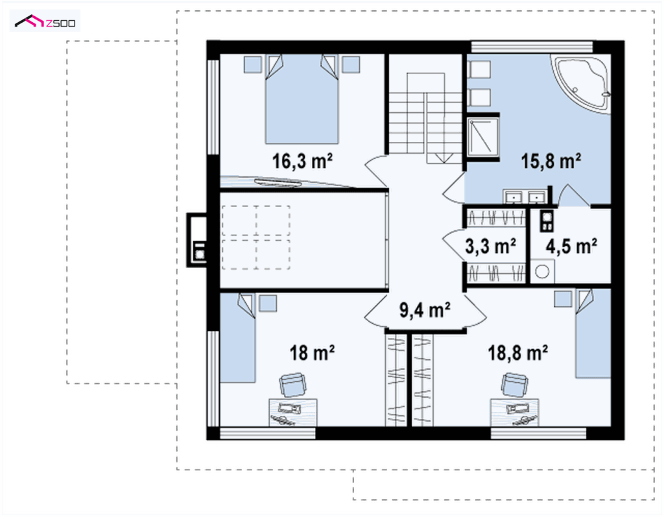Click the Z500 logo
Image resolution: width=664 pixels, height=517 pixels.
(x=45, y=21)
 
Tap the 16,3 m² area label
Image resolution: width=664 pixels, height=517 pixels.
(x=302, y=161)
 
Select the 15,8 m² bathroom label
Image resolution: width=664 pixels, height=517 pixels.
(x=551, y=161)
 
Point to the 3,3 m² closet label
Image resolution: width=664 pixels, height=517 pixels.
(x=490, y=246)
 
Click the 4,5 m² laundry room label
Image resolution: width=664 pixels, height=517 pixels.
(x=571, y=246)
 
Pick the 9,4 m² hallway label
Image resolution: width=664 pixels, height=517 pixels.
(x=425, y=310)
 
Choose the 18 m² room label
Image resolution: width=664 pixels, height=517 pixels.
(x=312, y=353)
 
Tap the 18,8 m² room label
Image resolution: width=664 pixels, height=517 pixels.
(x=518, y=353)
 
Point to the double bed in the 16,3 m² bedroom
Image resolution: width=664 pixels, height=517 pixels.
(x=302, y=99)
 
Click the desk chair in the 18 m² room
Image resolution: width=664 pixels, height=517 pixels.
(x=292, y=385)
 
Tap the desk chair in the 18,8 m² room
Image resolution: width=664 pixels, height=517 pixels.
(x=514, y=385)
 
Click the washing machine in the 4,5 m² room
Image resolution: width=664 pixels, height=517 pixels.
(x=542, y=272)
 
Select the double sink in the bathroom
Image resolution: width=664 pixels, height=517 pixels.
(x=525, y=197)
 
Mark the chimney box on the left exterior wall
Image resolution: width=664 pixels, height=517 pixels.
(x=197, y=240)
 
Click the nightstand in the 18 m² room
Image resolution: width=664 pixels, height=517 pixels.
(x=268, y=304)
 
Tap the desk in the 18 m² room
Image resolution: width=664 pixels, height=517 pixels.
(x=293, y=413)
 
